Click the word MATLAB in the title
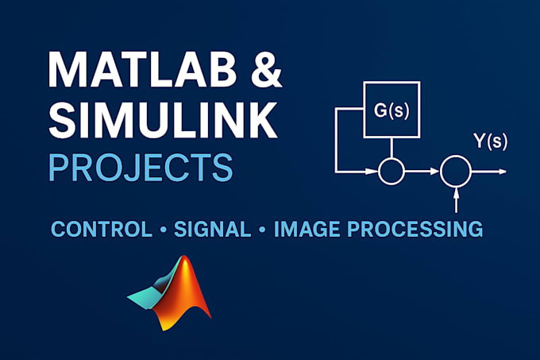coord(142,70)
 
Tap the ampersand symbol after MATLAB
coord(266,70)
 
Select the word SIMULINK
coord(163,120)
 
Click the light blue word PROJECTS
coord(141,168)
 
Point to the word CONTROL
coord(102,229)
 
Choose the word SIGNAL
coord(213,229)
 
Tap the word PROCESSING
coord(415,229)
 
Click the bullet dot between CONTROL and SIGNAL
coord(164,229)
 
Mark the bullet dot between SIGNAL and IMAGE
coord(262,229)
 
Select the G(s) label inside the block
coord(391,111)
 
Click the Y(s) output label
coord(491,141)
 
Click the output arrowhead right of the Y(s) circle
coord(503,171)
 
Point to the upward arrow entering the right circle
coord(456,199)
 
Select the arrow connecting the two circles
coord(422,171)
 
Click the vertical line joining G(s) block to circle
coord(391,148)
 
